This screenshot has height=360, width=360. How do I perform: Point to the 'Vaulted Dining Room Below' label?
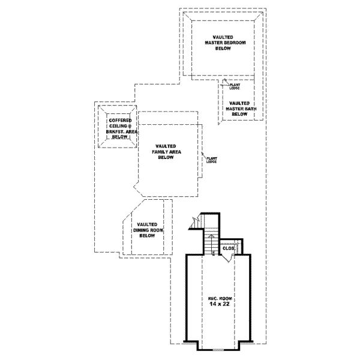(148, 230)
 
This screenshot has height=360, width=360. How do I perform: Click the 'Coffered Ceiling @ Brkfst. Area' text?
(120, 128)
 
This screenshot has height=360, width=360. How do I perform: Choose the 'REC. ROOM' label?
(218, 298)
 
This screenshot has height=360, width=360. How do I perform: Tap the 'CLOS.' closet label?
(228, 248)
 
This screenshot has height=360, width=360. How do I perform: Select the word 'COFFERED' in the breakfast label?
(120, 120)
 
